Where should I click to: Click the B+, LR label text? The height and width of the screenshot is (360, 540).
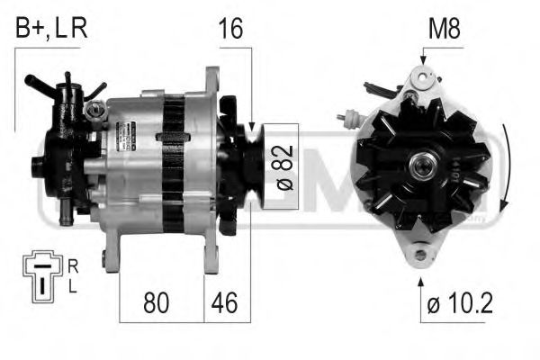(50, 28)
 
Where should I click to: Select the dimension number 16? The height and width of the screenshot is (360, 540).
(230, 28)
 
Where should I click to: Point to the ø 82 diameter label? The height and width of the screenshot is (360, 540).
(281, 167)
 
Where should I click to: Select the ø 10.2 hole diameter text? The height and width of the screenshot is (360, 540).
(458, 303)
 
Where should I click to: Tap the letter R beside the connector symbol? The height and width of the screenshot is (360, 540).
(73, 265)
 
